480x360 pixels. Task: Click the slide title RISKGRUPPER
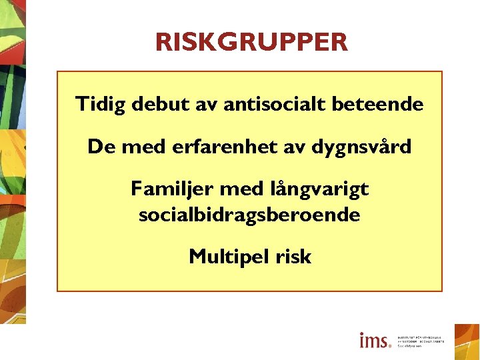click(251, 42)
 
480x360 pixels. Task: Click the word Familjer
click(170, 189)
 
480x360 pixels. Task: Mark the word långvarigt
click(319, 190)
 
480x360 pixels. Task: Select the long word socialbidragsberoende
click(249, 215)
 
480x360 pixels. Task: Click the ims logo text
click(375, 341)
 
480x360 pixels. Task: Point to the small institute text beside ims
click(421, 341)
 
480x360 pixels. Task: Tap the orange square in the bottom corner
click(467, 341)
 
